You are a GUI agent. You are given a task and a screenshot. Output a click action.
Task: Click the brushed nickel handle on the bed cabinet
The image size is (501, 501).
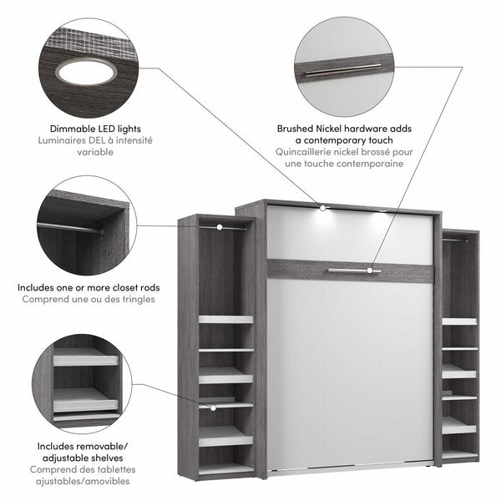coord(353,270)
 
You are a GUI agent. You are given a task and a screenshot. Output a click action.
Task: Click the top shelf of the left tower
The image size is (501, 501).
coord(225,319)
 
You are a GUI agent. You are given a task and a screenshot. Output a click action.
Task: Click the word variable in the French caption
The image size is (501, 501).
coord(92,153)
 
